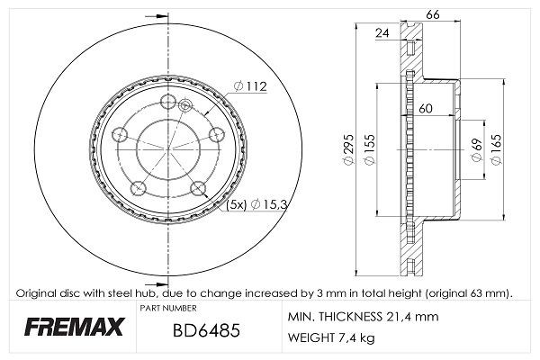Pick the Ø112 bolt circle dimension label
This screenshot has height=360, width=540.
(251, 86)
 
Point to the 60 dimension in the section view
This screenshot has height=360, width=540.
(426, 109)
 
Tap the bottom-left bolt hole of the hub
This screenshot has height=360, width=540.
(139, 188)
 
